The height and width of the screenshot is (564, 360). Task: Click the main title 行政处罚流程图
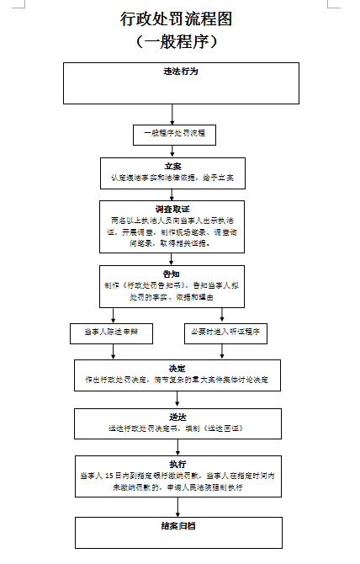(x=176, y=19)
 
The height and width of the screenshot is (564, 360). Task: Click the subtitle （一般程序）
(x=176, y=40)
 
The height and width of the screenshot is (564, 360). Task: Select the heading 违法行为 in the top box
(x=181, y=72)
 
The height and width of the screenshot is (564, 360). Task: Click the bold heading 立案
(x=172, y=167)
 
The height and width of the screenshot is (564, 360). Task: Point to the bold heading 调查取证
(x=172, y=207)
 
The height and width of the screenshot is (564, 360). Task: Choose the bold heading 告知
(x=172, y=274)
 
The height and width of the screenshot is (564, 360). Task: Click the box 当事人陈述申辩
(x=109, y=333)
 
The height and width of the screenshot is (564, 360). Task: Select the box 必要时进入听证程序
(x=224, y=333)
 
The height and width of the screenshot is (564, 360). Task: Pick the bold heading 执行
(x=177, y=464)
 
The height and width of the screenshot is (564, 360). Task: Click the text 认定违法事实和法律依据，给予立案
(x=172, y=178)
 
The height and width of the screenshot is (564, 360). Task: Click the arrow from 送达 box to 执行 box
(x=177, y=446)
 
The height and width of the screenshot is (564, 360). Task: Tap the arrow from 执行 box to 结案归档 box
(x=177, y=503)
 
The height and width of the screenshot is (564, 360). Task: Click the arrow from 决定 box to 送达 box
(x=177, y=399)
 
